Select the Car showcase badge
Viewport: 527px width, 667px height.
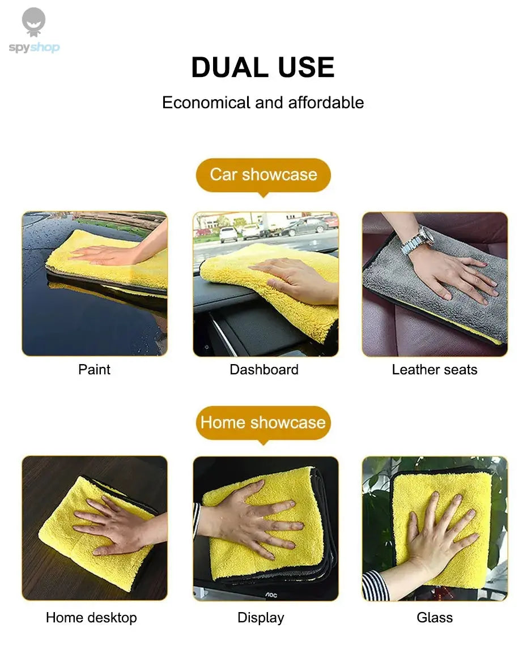263,174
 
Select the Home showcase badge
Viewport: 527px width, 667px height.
263,422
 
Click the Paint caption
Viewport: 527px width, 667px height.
94,370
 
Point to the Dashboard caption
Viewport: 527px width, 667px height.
263,370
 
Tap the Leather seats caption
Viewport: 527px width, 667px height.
435,370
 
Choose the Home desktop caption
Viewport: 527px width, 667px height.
91,617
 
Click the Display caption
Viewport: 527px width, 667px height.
261,617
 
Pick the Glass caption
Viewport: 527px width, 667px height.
435,617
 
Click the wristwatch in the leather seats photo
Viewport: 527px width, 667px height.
418,239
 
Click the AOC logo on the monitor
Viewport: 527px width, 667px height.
271,595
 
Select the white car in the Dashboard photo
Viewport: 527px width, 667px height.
229,234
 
